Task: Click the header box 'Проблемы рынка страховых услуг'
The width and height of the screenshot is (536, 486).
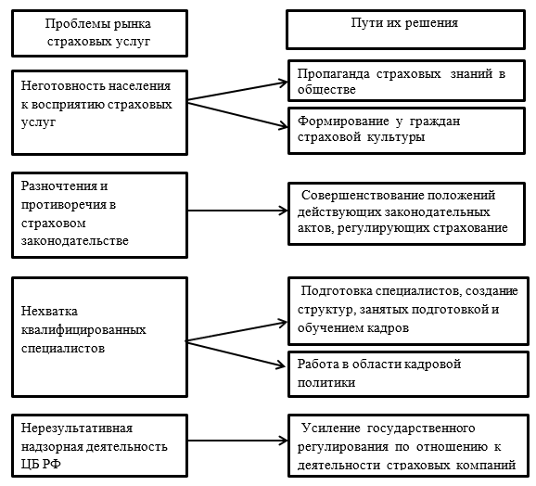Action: (x=99, y=33)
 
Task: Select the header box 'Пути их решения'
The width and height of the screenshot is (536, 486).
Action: (x=405, y=30)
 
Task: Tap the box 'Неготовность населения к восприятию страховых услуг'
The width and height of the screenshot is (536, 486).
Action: (x=99, y=113)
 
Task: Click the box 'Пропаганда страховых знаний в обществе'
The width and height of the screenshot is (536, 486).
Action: (x=406, y=81)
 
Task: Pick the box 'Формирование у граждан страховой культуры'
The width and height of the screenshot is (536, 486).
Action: (x=406, y=131)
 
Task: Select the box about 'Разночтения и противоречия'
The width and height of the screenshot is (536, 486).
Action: (x=99, y=215)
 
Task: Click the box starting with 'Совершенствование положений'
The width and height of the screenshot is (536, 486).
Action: (x=406, y=213)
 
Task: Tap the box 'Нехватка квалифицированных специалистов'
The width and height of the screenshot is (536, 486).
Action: (x=99, y=337)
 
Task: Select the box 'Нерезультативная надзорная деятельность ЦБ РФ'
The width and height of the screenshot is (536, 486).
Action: (x=99, y=446)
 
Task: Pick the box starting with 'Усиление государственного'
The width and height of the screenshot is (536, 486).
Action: (x=409, y=446)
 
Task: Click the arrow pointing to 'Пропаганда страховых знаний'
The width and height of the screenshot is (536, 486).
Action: (x=237, y=91)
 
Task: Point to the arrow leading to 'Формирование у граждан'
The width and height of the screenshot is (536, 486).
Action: (x=237, y=115)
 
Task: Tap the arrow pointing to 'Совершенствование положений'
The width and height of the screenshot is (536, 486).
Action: (x=237, y=211)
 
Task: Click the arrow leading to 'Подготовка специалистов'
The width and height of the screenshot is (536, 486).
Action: (x=236, y=331)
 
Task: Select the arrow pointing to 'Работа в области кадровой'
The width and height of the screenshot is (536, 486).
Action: (x=236, y=354)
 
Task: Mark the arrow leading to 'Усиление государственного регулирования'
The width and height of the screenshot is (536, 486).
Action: (x=237, y=441)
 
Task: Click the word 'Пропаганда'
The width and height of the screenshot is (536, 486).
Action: (x=333, y=74)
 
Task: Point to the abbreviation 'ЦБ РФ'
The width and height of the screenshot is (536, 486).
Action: (x=41, y=464)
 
